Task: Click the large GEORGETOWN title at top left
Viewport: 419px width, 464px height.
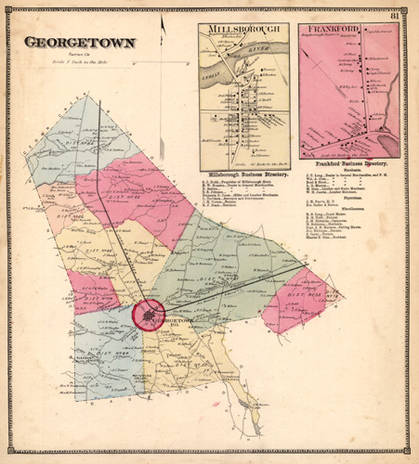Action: pos(80,43)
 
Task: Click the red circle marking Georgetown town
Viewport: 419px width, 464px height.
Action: pos(148,315)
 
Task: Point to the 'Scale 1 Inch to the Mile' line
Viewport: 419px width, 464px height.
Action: pos(80,61)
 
